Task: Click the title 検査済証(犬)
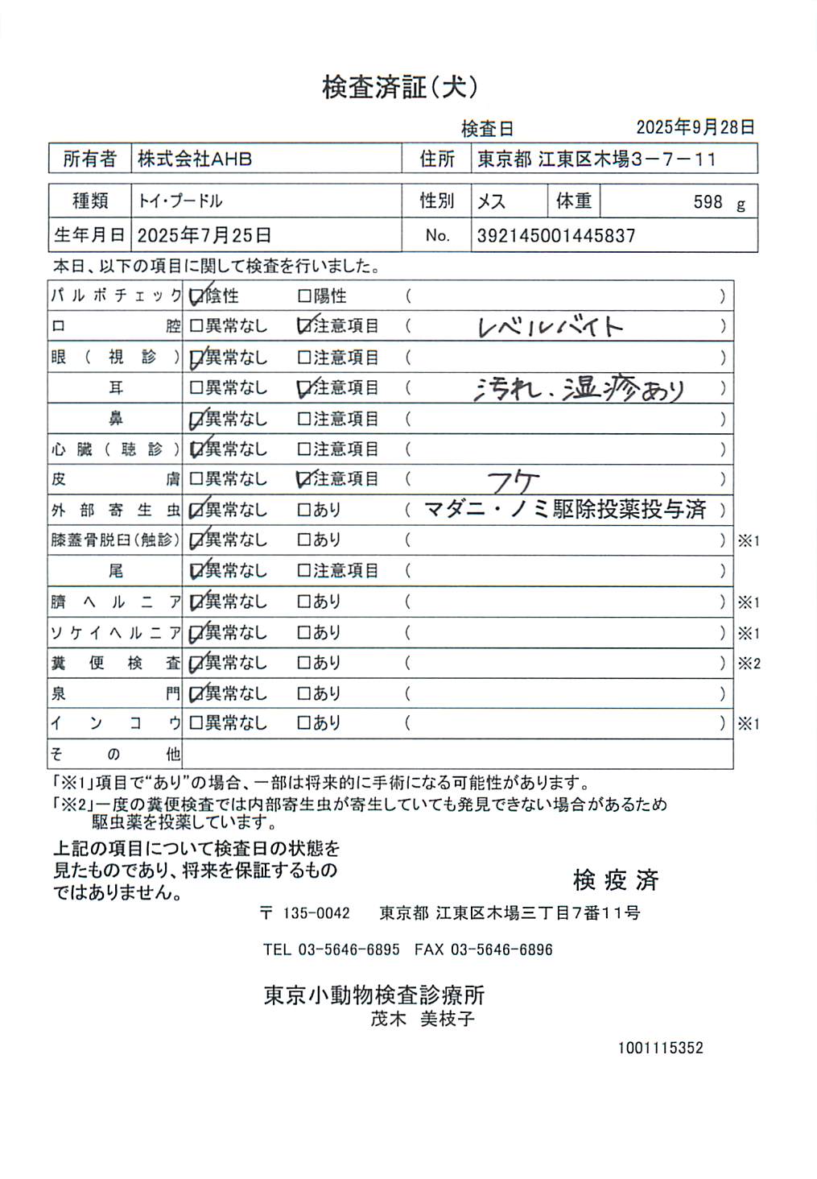(x=400, y=87)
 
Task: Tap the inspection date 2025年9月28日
(x=695, y=127)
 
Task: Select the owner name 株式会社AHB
(x=195, y=159)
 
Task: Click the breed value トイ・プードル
(x=180, y=201)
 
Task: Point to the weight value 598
(x=708, y=202)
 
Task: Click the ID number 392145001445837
(x=556, y=236)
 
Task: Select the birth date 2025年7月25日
(x=204, y=236)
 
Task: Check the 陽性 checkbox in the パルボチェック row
(x=304, y=296)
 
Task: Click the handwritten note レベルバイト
(x=551, y=326)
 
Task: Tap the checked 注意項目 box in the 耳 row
(x=304, y=388)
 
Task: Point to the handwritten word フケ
(x=513, y=481)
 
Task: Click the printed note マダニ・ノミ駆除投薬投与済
(x=565, y=510)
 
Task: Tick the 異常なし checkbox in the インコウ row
(x=196, y=723)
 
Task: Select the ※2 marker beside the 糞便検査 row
(x=749, y=664)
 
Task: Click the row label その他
(x=115, y=755)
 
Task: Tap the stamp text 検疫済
(x=616, y=880)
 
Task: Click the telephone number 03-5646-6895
(x=349, y=949)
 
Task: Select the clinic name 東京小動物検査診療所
(x=374, y=995)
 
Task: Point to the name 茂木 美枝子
(x=423, y=1019)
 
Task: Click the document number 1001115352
(x=660, y=1048)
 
